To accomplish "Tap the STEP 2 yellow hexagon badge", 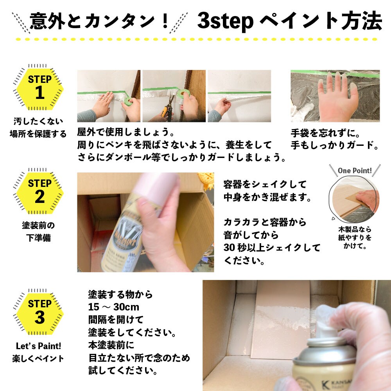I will tap(39, 192).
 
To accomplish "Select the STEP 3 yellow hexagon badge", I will tap(39, 312).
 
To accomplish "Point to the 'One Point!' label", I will tap(355, 170).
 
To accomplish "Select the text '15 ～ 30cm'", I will tap(114, 307).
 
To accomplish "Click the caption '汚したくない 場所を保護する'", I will tap(38, 127).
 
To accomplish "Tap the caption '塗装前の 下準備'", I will tap(38, 231).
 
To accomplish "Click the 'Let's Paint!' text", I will tap(38, 346).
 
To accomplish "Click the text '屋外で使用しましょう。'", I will tap(126, 133).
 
